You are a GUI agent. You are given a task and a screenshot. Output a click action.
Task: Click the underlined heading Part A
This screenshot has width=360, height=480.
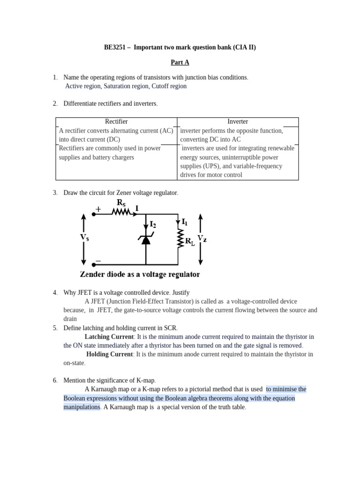click(180, 62)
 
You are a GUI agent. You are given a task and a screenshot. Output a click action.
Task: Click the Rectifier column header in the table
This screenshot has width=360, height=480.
click(116, 121)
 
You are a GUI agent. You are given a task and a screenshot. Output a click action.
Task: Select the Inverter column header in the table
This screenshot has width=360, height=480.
click(238, 121)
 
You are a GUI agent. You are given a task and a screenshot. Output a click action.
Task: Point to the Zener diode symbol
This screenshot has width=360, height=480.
click(146, 239)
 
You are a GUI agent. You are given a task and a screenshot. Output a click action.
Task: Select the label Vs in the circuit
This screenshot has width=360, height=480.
click(84, 238)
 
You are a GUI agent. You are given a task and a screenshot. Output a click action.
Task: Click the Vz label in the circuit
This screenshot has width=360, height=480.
click(202, 239)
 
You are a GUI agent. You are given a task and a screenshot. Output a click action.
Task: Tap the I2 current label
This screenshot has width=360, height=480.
click(153, 225)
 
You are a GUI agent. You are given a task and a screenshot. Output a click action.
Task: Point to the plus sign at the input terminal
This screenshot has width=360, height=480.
click(98, 209)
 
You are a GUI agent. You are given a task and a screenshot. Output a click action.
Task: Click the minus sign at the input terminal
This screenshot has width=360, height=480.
click(98, 261)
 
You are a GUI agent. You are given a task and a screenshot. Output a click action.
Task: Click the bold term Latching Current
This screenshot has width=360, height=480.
click(109, 337)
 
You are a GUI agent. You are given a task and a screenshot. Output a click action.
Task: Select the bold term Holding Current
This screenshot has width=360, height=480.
click(110, 354)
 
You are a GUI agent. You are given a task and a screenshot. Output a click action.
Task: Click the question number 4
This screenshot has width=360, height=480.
click(55, 292)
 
